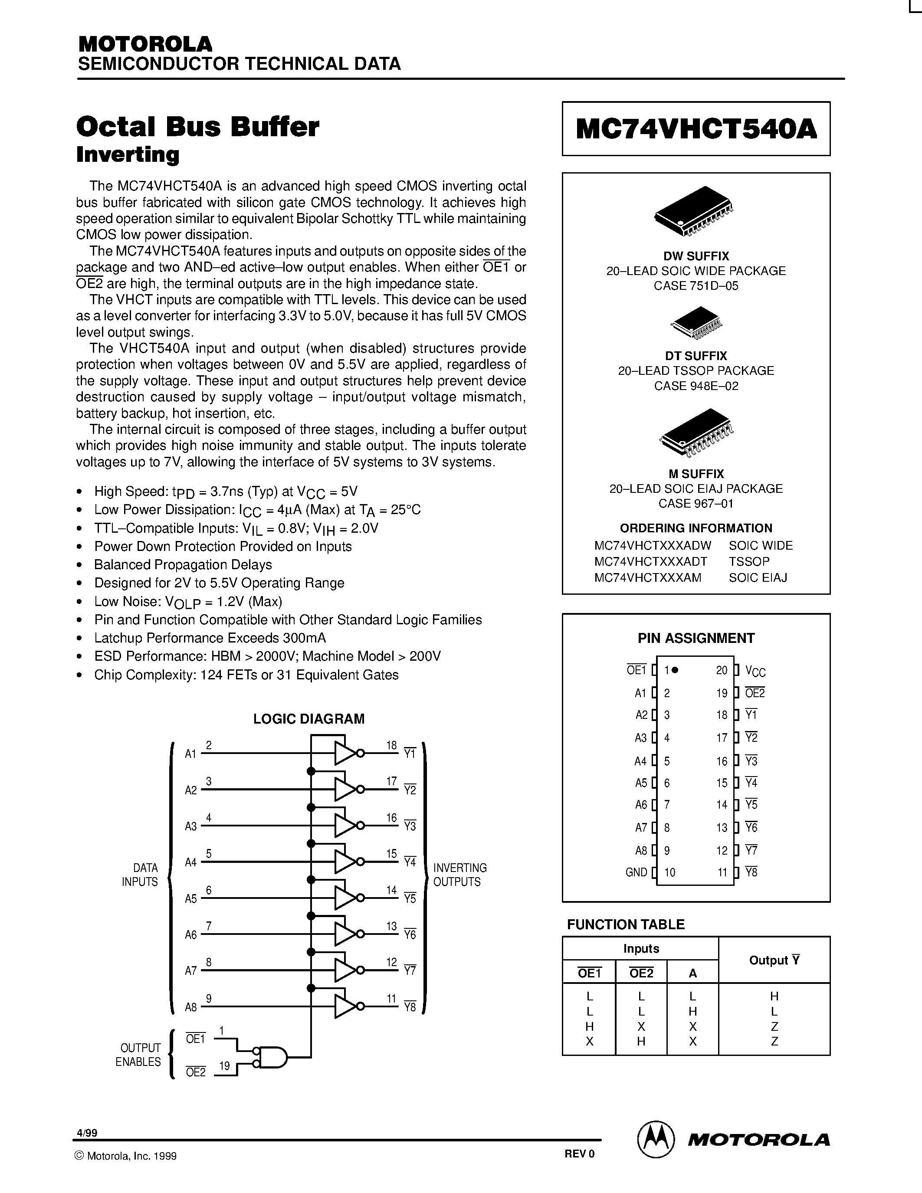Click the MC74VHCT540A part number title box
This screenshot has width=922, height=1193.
pyautogui.click(x=696, y=129)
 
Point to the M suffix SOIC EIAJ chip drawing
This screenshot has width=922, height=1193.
pyautogui.click(x=696, y=433)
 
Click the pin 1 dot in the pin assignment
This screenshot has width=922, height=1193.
pyautogui.click(x=675, y=670)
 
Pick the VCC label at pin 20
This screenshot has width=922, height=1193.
pyautogui.click(x=755, y=672)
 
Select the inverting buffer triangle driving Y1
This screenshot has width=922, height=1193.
pyautogui.click(x=345, y=753)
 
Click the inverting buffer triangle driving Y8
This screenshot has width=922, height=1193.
pyautogui.click(x=345, y=1006)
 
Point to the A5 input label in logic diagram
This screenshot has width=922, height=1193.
pyautogui.click(x=190, y=898)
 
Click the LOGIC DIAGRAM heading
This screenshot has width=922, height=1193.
pyautogui.click(x=308, y=719)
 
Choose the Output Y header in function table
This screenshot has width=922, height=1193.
pyautogui.click(x=774, y=960)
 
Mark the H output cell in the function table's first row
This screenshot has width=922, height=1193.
pyautogui.click(x=774, y=996)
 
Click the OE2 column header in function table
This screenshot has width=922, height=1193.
pyautogui.click(x=641, y=973)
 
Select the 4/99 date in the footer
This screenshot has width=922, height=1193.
pyautogui.click(x=87, y=1133)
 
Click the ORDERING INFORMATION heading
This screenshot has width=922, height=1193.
pyautogui.click(x=696, y=528)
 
